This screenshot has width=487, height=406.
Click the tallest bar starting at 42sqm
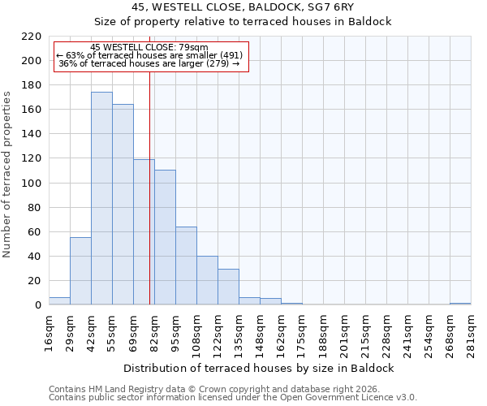101,199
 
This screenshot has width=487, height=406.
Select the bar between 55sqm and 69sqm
123,205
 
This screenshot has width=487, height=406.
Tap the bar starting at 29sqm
80,271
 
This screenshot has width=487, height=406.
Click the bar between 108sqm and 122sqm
207,280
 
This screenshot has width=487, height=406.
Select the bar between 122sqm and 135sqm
228,287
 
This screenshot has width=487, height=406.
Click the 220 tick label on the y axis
32,37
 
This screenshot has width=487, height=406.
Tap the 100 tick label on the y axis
32,184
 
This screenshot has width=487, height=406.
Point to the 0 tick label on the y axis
37,305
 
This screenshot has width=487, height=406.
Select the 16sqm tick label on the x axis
50,333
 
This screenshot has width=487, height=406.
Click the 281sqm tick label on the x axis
471,333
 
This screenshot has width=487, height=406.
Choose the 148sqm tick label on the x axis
260,333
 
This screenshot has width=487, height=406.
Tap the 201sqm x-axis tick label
344,333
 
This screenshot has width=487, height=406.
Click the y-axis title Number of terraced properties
7,175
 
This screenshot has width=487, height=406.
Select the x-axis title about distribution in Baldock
260,368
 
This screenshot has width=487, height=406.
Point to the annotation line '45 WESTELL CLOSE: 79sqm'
149,47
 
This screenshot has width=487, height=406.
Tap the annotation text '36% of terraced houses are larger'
149,63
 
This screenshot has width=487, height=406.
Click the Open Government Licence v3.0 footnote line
233,397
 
